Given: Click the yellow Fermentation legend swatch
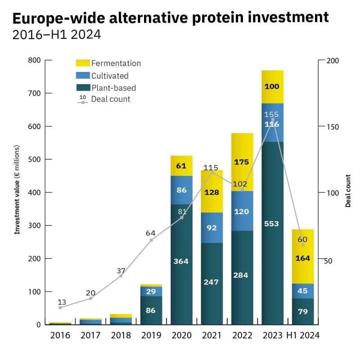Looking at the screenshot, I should (x=83, y=63).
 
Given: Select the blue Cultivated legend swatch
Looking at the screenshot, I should (x=83, y=75).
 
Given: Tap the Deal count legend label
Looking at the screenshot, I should (x=110, y=99).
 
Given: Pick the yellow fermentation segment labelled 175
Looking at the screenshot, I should (x=242, y=162).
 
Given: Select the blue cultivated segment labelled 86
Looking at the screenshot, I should (x=181, y=190).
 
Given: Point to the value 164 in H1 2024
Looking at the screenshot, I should (x=302, y=258).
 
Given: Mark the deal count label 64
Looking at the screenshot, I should (x=151, y=233).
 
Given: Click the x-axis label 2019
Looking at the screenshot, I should (x=151, y=335).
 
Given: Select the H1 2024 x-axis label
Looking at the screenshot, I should (x=302, y=335).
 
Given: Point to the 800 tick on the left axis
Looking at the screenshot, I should (x=34, y=60).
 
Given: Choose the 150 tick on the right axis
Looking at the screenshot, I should (x=332, y=126).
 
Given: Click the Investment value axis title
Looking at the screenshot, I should (x=17, y=189).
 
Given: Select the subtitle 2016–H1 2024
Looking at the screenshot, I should (x=57, y=35).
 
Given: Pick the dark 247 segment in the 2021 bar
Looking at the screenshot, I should (x=211, y=282).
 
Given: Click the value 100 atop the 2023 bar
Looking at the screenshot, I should (x=272, y=86).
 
